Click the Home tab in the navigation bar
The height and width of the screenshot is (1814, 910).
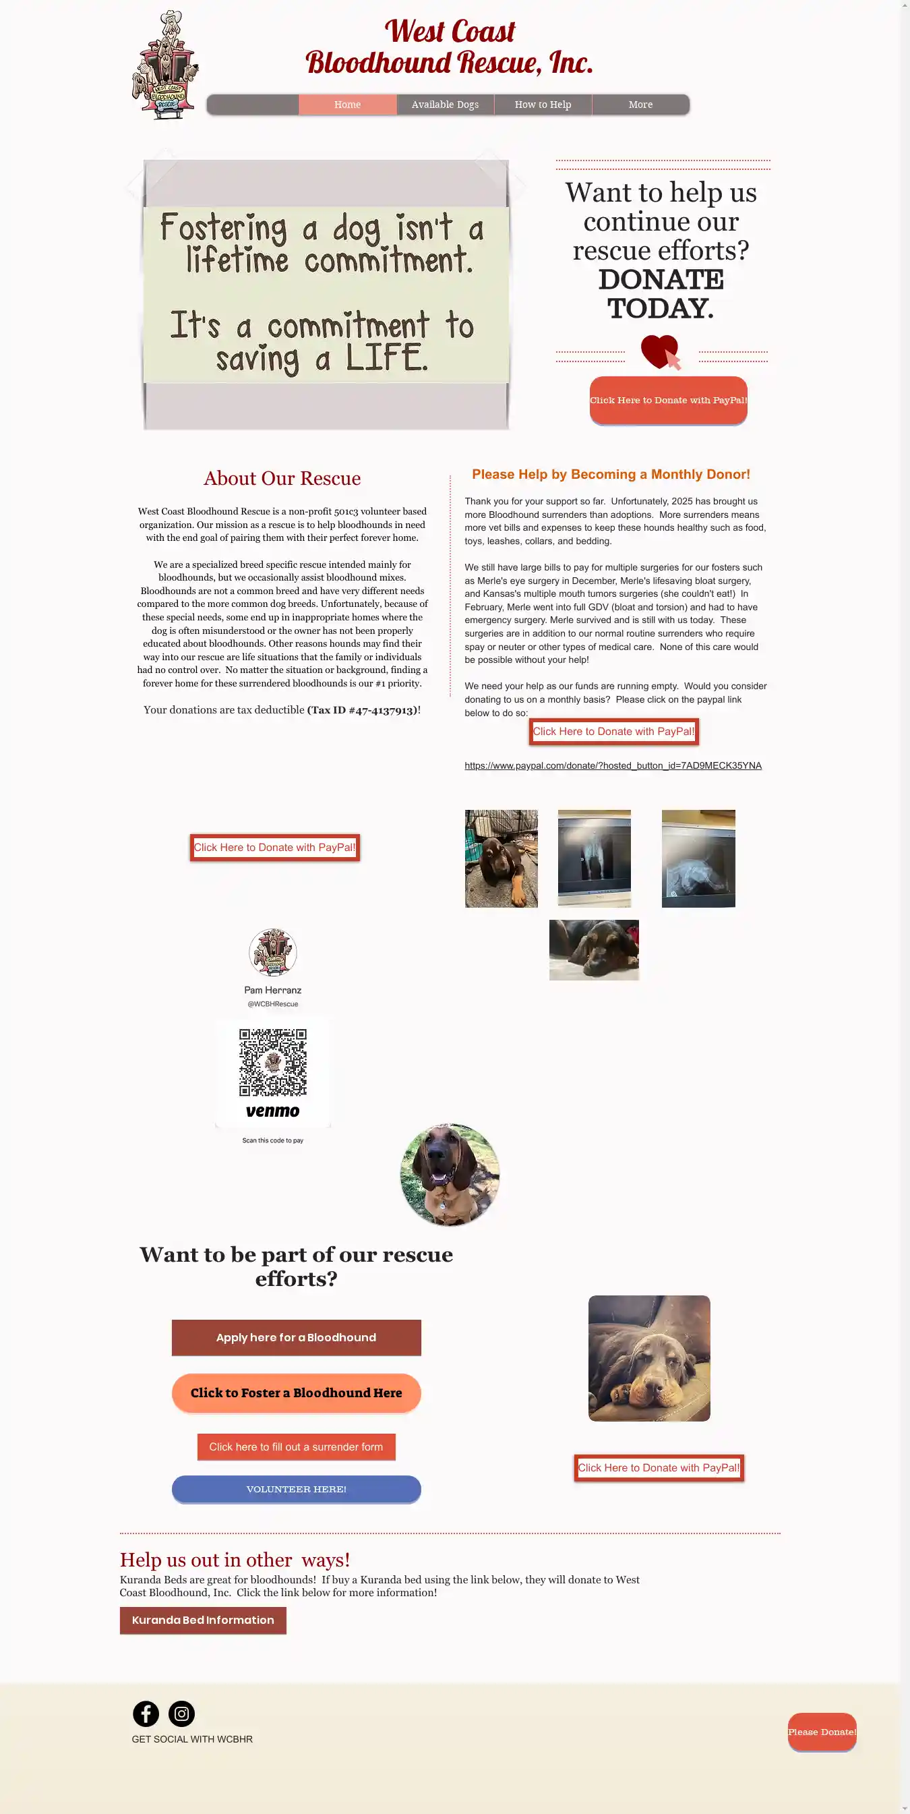coord(347,105)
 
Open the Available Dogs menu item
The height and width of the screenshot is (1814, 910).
coord(445,105)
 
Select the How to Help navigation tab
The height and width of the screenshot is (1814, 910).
coord(543,105)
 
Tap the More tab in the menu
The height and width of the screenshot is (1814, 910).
coord(640,105)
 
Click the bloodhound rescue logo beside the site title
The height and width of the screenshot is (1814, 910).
coord(164,65)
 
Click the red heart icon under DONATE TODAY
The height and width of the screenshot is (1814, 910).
coord(660,351)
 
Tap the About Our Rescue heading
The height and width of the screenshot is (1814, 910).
coord(282,478)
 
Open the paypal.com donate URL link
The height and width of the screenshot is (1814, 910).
coord(612,765)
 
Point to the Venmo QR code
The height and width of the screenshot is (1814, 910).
coord(272,1063)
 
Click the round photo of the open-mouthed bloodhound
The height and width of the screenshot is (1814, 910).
coord(450,1175)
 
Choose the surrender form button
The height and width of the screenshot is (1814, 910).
coord(297,1447)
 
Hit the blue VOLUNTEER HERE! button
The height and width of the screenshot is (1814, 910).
coord(297,1489)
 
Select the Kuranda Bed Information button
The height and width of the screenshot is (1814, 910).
coord(203,1620)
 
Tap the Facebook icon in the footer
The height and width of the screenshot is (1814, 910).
coord(146,1714)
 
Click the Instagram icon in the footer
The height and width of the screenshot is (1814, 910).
coord(181,1714)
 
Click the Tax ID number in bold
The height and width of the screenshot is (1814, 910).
coord(363,710)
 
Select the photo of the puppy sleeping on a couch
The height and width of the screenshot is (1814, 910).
coord(649,1357)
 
